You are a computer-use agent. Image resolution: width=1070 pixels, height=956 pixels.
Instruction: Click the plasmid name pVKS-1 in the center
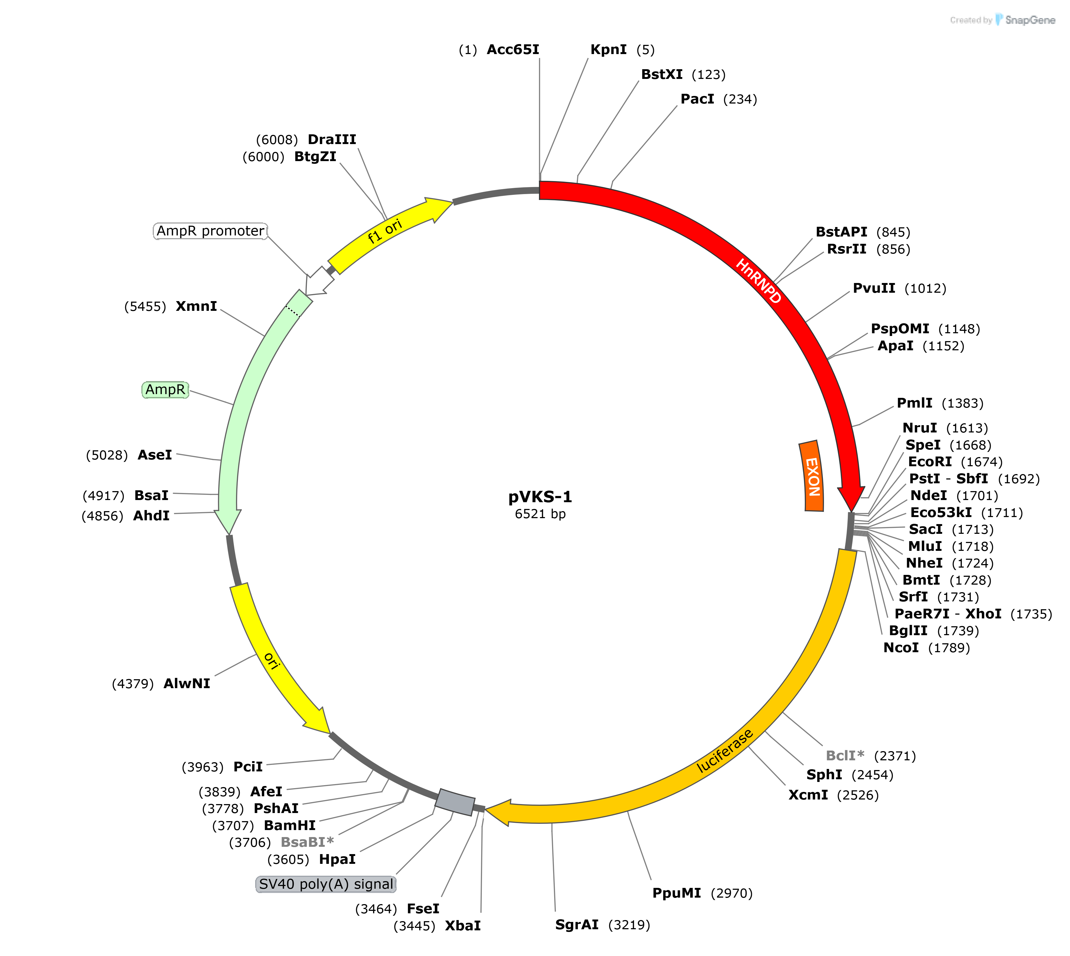click(540, 497)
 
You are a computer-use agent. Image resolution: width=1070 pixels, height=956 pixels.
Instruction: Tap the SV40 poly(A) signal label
click(326, 884)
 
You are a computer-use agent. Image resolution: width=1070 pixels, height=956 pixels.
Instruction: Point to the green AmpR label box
click(165, 390)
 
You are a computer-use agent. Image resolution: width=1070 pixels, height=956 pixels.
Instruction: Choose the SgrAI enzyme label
click(577, 924)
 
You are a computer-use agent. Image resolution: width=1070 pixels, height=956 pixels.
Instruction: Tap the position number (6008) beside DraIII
click(277, 140)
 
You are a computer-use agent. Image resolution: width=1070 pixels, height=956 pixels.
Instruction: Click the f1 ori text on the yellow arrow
click(385, 231)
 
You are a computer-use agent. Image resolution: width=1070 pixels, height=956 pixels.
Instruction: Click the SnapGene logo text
click(1029, 20)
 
